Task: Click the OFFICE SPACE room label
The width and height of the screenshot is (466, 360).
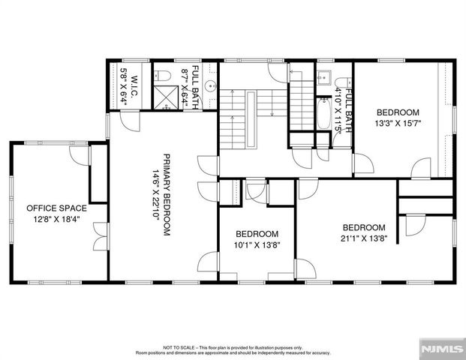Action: pyautogui.click(x=57, y=208)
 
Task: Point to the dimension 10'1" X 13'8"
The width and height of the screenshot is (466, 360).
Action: pyautogui.click(x=257, y=245)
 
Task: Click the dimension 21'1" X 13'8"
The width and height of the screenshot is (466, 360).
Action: pyautogui.click(x=363, y=239)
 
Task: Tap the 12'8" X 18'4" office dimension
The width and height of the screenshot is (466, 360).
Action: pyautogui.click(x=57, y=219)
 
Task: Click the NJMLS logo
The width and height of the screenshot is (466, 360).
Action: pyautogui.click(x=441, y=349)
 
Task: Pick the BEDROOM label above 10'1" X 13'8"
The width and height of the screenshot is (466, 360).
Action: pyautogui.click(x=257, y=233)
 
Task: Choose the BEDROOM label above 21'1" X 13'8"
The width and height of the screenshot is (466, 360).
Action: pyautogui.click(x=363, y=227)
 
